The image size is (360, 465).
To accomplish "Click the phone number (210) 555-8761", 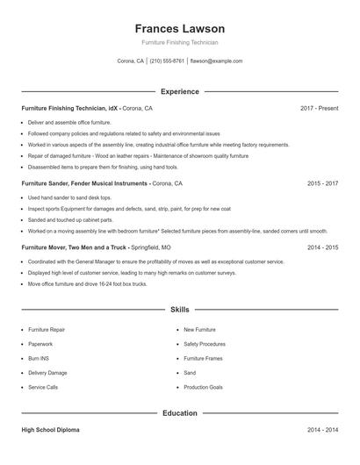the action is coord(167,61).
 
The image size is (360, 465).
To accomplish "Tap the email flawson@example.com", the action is coord(216,61).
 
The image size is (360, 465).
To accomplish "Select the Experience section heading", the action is coord(179,91).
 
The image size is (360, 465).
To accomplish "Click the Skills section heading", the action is coord(179,310).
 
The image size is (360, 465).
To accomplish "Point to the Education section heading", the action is coord(179,412).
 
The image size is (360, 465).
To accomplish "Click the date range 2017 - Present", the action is coord(319,108).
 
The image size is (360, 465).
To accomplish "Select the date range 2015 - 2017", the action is coord(322,184).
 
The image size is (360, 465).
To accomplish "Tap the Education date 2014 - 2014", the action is coord(322,430).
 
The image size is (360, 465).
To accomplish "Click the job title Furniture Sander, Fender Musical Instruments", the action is coord(85,184).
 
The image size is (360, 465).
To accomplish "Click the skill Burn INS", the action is coord(39,358).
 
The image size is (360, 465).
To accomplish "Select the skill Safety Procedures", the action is coord(205,344).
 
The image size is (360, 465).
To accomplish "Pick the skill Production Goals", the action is coord(203,387).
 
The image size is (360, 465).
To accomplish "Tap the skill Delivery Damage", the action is coord(47,373).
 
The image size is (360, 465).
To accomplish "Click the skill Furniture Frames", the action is coord(203,358).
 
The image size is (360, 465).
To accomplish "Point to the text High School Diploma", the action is coord(50,430).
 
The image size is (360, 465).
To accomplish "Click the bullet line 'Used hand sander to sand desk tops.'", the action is coord(76,198).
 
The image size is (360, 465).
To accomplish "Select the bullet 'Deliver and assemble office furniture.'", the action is coord(69,122).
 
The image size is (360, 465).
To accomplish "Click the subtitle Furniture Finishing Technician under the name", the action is coord(179,42).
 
